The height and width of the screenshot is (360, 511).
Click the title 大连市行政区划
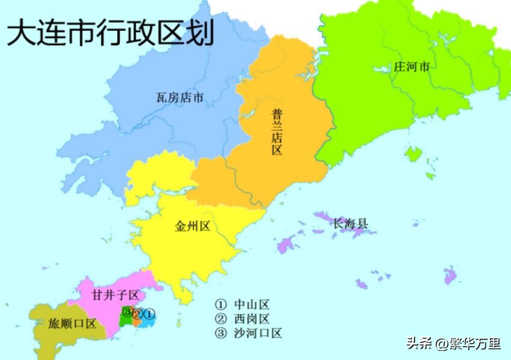tap(110, 33)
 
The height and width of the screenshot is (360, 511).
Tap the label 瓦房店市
tap(180, 97)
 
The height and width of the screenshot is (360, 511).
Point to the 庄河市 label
tap(412, 67)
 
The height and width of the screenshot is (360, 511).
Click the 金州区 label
tap(192, 226)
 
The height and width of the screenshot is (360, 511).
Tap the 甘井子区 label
tap(116, 295)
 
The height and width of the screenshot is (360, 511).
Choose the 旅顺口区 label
tap(72, 323)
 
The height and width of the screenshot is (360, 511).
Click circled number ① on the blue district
tap(149, 313)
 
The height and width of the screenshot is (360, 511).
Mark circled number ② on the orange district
tap(138, 314)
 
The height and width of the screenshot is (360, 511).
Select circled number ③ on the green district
tap(127, 311)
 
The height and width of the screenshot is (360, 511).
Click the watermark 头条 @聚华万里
tap(453, 343)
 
